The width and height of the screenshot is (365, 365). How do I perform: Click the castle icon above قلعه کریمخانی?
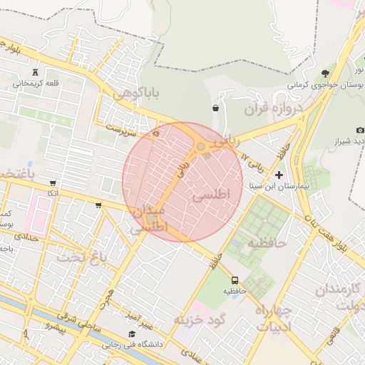[36, 72]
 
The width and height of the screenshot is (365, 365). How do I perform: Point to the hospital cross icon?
[279, 174]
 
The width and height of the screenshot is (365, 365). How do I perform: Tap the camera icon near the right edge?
[360, 130]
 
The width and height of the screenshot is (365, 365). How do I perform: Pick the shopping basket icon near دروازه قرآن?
[215, 108]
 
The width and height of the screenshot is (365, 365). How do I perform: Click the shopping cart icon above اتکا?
[98, 205]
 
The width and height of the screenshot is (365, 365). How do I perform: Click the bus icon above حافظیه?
[235, 280]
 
